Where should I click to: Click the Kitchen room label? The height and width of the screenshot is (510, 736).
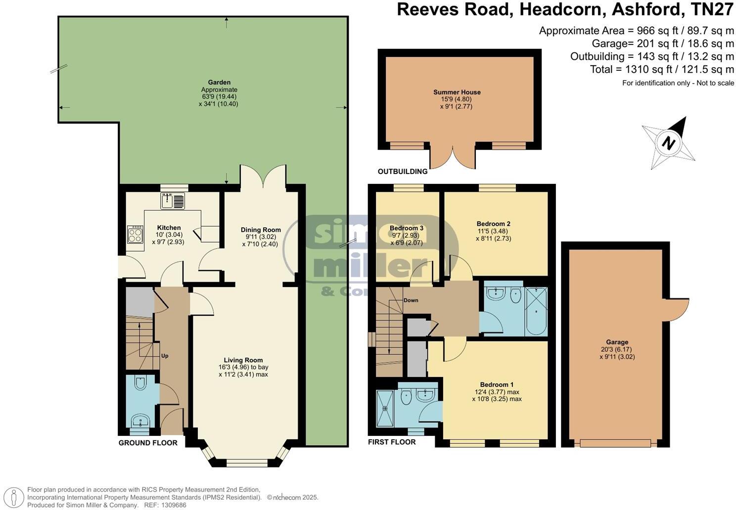point(169,228)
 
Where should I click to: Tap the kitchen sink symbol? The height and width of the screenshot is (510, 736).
point(172,201)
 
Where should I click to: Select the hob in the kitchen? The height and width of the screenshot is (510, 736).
point(135,234)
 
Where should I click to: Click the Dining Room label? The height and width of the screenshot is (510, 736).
point(261,230)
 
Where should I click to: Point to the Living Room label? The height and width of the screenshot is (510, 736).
point(243,360)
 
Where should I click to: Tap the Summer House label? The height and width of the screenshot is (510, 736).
point(457,92)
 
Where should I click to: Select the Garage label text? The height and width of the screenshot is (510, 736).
point(617,342)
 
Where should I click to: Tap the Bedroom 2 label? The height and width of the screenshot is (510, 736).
point(493,224)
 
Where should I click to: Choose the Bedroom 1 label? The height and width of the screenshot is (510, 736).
point(497,384)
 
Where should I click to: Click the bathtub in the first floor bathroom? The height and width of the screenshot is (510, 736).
point(536,311)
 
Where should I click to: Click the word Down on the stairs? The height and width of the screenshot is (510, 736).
point(411,300)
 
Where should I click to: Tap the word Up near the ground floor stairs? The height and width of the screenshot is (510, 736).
point(165,355)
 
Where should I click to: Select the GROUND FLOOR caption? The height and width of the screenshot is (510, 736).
point(148,443)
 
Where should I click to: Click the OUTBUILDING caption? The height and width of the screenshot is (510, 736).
point(402,171)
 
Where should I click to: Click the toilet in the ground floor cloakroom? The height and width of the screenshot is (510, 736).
point(140,384)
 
